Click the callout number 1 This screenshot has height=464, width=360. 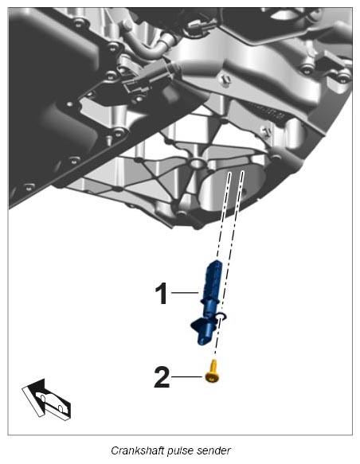pyautogui.click(x=162, y=293)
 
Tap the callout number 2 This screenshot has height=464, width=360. pyautogui.click(x=162, y=377)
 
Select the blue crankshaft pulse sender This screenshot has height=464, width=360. pyautogui.click(x=208, y=303)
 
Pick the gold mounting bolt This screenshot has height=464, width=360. pyautogui.click(x=213, y=372)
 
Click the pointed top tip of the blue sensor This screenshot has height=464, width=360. pyautogui.click(x=216, y=261)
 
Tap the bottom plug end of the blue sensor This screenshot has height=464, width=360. pyautogui.click(x=204, y=341)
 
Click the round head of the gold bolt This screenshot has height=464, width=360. pyautogui.click(x=213, y=377)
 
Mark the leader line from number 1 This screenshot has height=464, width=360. pyautogui.click(x=185, y=293)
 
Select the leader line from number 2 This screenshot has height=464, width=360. pyautogui.click(x=187, y=376)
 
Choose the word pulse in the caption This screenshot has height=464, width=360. pyautogui.click(x=180, y=451)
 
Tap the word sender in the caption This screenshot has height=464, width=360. pyautogui.click(x=213, y=450)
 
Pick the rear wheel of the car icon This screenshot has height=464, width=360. pyautogui.click(x=60, y=408)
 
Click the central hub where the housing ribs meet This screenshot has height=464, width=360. pyautogui.click(x=196, y=162)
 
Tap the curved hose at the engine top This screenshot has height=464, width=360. pyautogui.click(x=148, y=46)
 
